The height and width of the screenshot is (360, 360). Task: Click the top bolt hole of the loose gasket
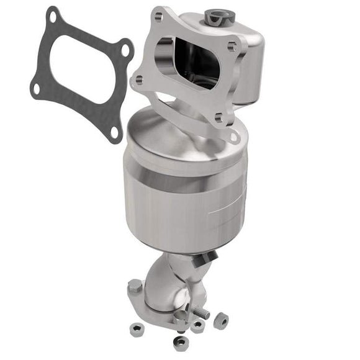click(53, 17)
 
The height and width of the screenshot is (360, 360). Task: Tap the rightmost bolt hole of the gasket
click(126, 50)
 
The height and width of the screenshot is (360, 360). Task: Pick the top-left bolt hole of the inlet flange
click(157, 18)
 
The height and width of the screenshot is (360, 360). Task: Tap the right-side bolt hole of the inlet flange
click(232, 47)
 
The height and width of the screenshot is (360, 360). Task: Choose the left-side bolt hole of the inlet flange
click(138, 79)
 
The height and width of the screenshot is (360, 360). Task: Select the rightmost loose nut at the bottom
click(220, 321)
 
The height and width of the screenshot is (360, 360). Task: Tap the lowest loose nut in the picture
click(181, 343)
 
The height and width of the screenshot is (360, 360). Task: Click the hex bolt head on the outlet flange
click(135, 287)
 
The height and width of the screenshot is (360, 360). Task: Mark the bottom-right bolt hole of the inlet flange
click(218, 116)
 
